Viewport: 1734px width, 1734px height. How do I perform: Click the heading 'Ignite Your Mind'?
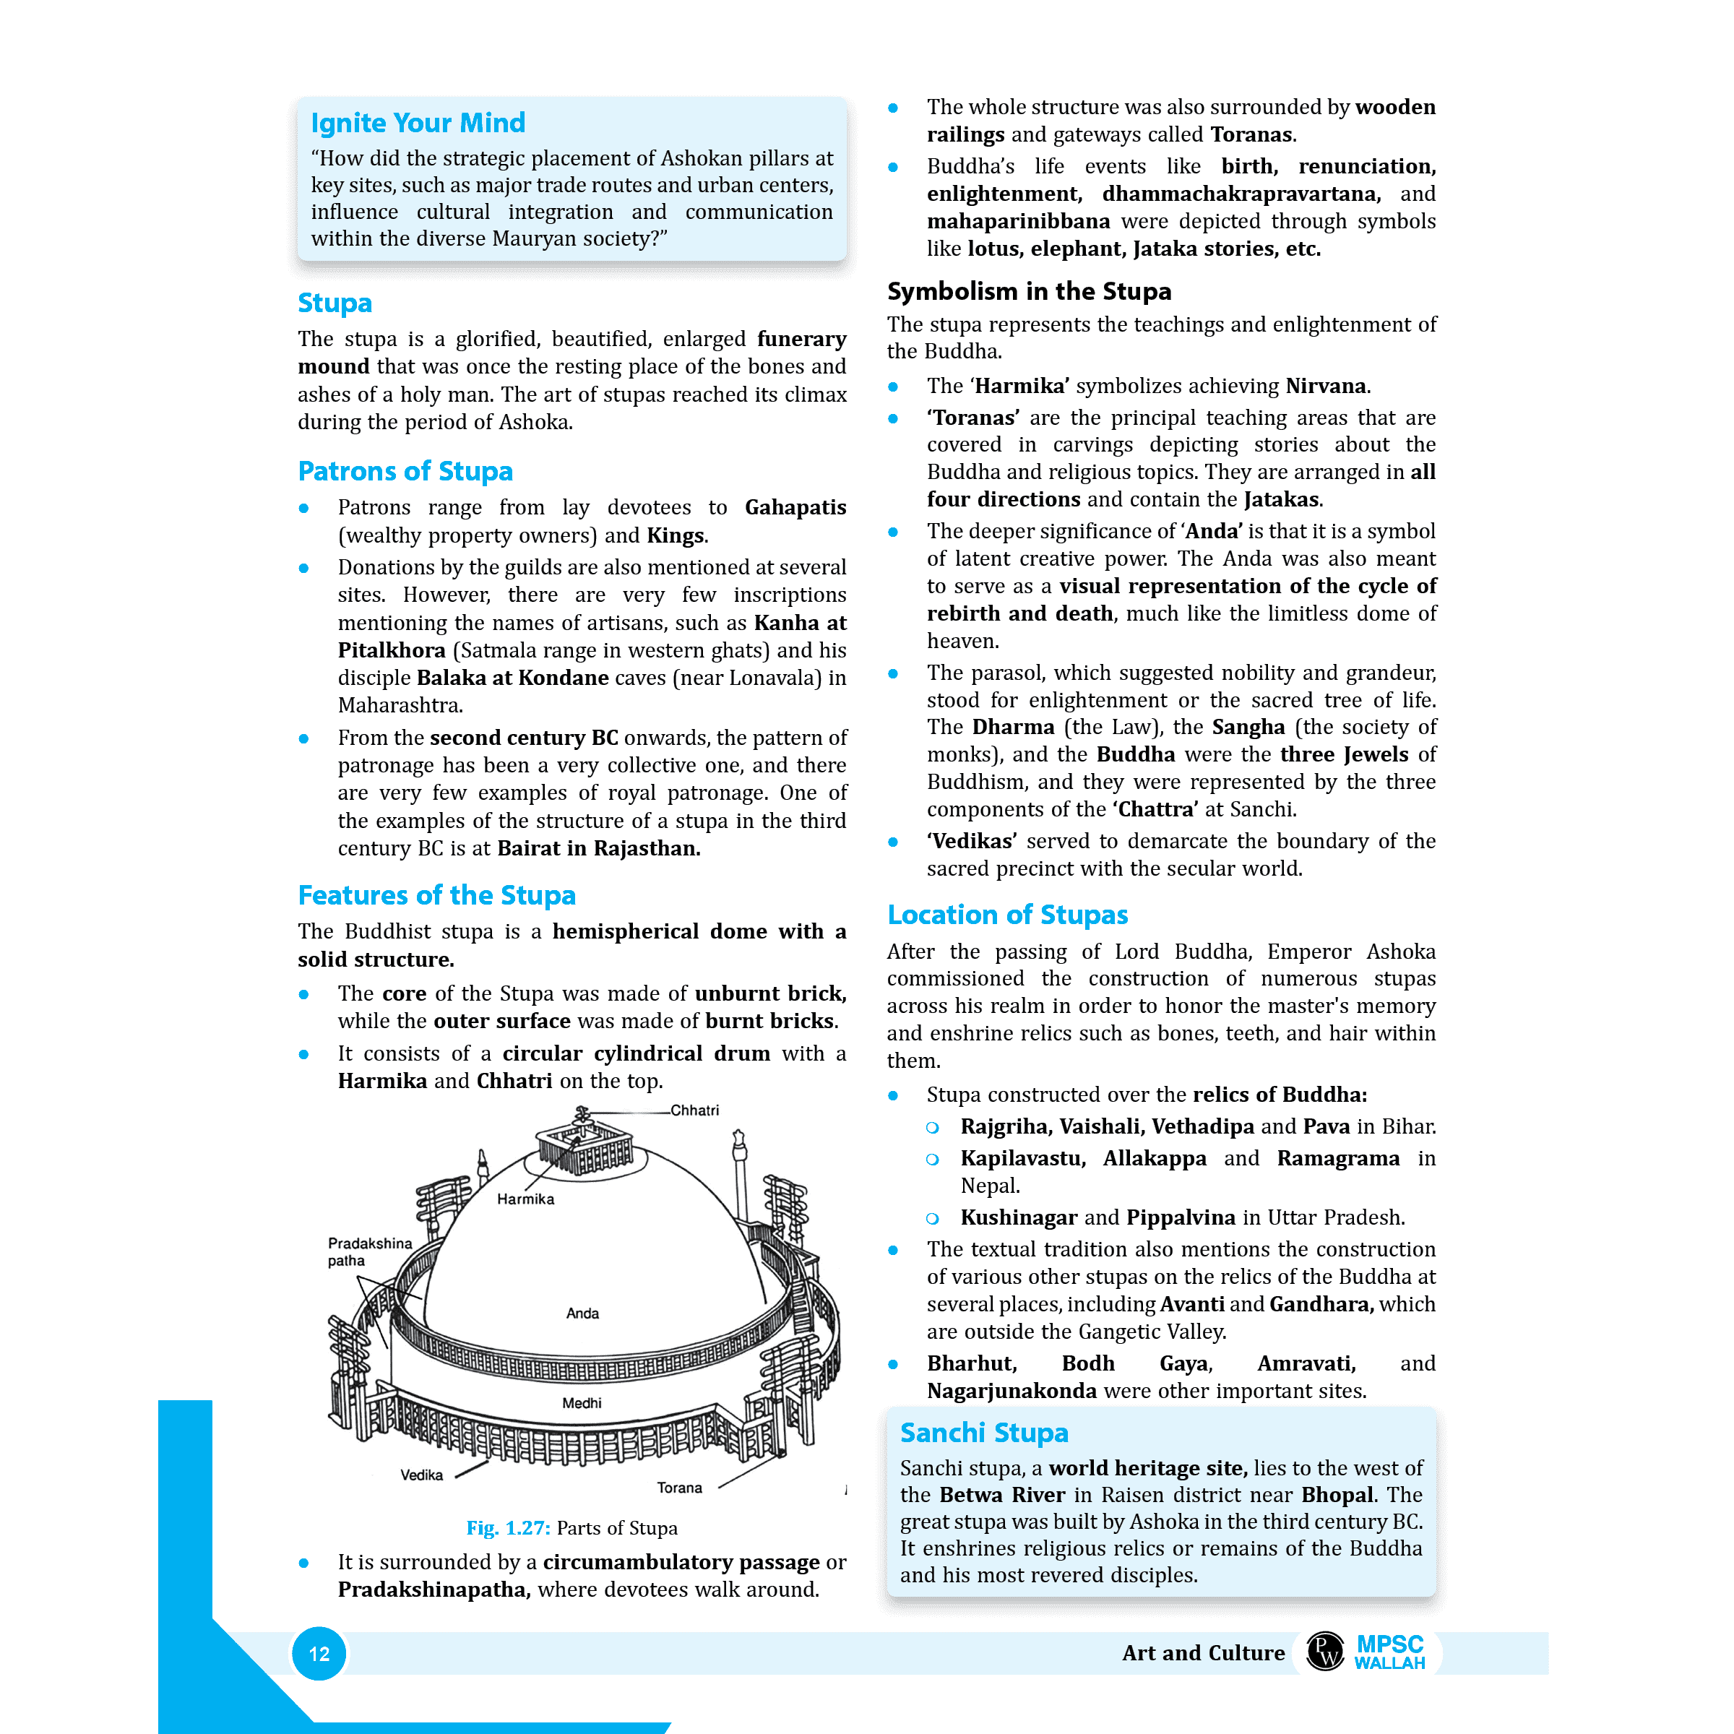click(x=418, y=123)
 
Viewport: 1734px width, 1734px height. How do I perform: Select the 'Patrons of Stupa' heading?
click(x=405, y=471)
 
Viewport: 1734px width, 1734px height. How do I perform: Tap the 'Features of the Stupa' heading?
click(x=436, y=895)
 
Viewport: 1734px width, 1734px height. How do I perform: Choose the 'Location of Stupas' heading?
click(x=1007, y=915)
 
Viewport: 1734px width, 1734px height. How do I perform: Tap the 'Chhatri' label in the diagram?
click(x=694, y=1110)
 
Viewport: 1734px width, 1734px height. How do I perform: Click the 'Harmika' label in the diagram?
click(x=525, y=1199)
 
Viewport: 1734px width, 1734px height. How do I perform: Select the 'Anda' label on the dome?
click(x=582, y=1313)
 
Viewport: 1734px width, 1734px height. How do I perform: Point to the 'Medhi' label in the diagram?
click(x=582, y=1403)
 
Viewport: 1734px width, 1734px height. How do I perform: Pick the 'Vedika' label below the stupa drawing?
click(x=421, y=1475)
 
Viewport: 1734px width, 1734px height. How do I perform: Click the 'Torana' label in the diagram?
click(x=679, y=1487)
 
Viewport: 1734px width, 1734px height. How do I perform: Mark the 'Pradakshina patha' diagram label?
click(x=369, y=1251)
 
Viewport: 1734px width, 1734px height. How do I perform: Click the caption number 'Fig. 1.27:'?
click(x=508, y=1527)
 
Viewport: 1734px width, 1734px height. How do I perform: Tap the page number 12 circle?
click(x=319, y=1653)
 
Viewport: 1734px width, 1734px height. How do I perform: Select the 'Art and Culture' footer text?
click(x=1203, y=1652)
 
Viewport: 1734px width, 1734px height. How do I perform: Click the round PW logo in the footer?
click(x=1325, y=1652)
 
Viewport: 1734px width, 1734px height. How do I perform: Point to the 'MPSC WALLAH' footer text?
click(x=1389, y=1652)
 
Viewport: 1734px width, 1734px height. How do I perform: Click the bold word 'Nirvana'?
click(x=1325, y=386)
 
